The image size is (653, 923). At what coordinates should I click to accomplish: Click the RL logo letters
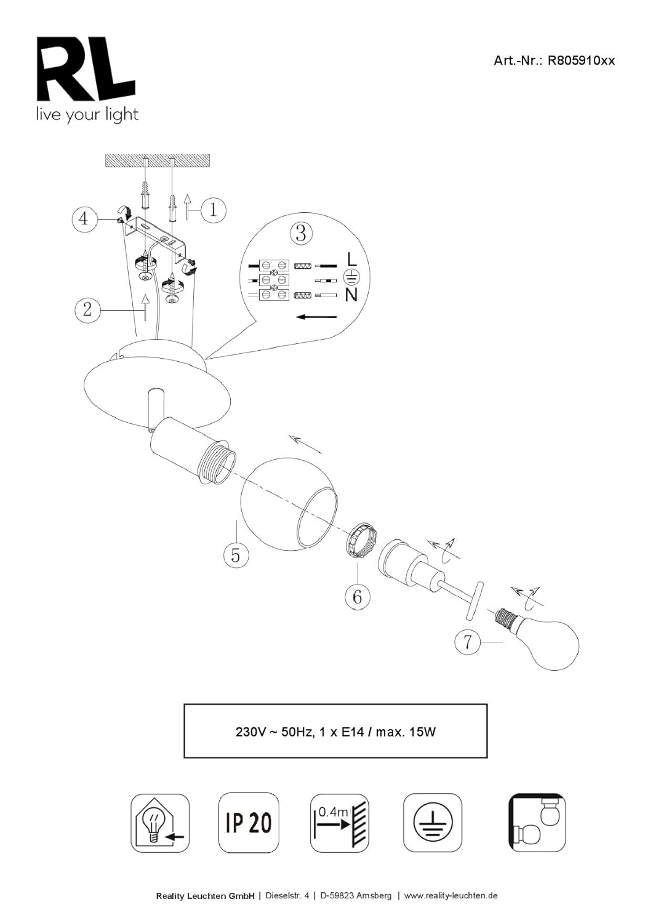tap(86, 69)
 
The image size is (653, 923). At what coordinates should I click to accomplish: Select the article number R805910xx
tap(581, 60)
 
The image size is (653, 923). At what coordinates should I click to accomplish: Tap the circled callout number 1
tap(212, 210)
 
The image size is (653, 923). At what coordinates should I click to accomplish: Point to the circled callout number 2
tap(87, 309)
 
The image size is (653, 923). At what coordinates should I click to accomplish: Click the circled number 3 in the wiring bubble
tap(300, 233)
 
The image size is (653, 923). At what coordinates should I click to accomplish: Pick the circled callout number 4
tap(84, 218)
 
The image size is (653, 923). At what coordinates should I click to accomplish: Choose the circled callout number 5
tap(236, 555)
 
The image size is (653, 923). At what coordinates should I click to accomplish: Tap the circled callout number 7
tap(467, 642)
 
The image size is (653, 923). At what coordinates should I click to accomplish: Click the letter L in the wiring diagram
tap(351, 259)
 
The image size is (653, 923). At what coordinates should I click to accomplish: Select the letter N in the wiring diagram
tap(351, 295)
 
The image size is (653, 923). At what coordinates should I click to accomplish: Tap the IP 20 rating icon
tap(249, 822)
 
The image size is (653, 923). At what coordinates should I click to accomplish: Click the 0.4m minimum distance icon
tap(339, 823)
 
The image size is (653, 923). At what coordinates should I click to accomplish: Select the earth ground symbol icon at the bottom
tap(433, 823)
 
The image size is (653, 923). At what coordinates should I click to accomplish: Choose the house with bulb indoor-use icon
tap(160, 823)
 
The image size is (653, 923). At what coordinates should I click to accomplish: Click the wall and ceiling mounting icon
tap(537, 823)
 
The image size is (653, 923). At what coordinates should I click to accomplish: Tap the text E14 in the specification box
tap(353, 732)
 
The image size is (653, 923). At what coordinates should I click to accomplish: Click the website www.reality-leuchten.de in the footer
tap(451, 895)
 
